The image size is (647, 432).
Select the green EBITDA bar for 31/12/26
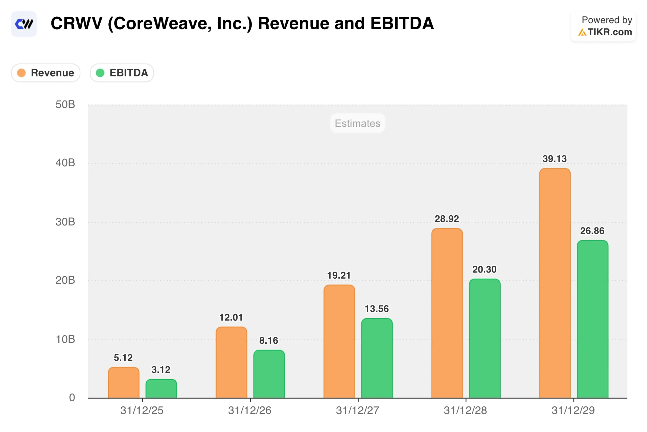pyautogui.click(x=269, y=374)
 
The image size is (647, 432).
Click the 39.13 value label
pyautogui.click(x=554, y=159)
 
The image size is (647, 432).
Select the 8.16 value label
pyautogui.click(x=268, y=341)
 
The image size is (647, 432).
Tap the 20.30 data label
pyautogui.click(x=484, y=269)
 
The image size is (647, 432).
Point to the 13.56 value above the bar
pyautogui.click(x=376, y=309)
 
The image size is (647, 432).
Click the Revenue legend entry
pyautogui.click(x=46, y=73)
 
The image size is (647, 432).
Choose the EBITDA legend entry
pyautogui.click(x=122, y=73)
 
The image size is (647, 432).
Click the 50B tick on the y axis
pyautogui.click(x=65, y=105)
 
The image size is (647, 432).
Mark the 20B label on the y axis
pyautogui.click(x=65, y=280)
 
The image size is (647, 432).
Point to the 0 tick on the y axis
pyautogui.click(x=72, y=398)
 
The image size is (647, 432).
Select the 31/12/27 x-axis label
pyautogui.click(x=357, y=410)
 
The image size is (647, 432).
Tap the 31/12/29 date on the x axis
pyautogui.click(x=573, y=410)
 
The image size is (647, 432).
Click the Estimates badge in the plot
pyautogui.click(x=357, y=123)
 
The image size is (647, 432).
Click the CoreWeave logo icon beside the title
pyautogui.click(x=24, y=24)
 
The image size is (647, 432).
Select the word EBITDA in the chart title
pyautogui.click(x=402, y=24)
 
